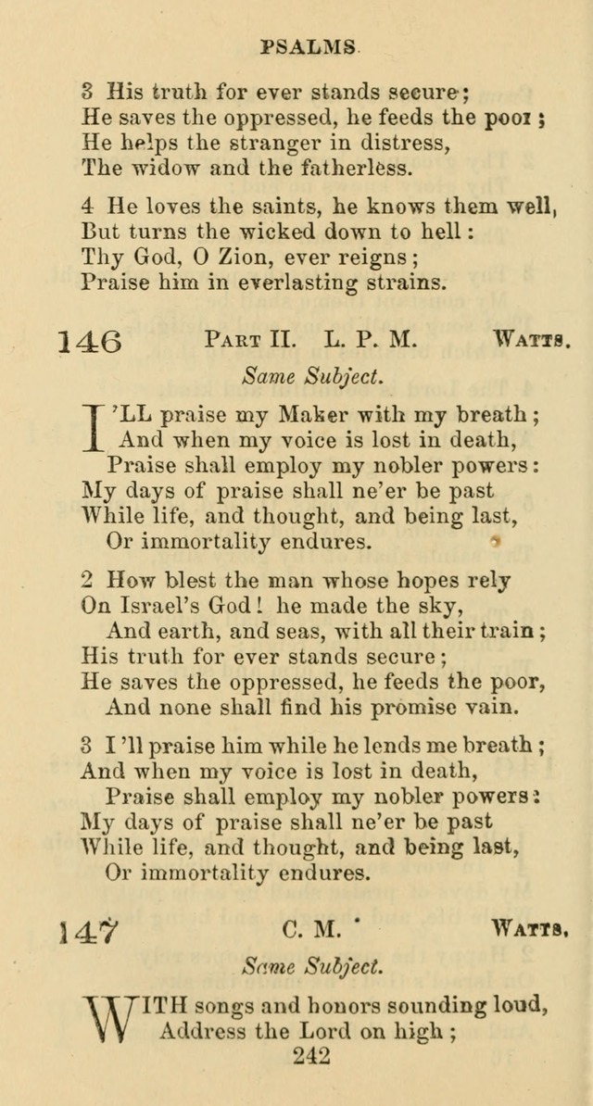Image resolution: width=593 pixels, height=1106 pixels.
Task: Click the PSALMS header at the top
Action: click(309, 44)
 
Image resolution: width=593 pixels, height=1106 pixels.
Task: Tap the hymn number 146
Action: click(89, 341)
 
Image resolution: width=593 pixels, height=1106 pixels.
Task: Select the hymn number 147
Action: click(89, 929)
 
